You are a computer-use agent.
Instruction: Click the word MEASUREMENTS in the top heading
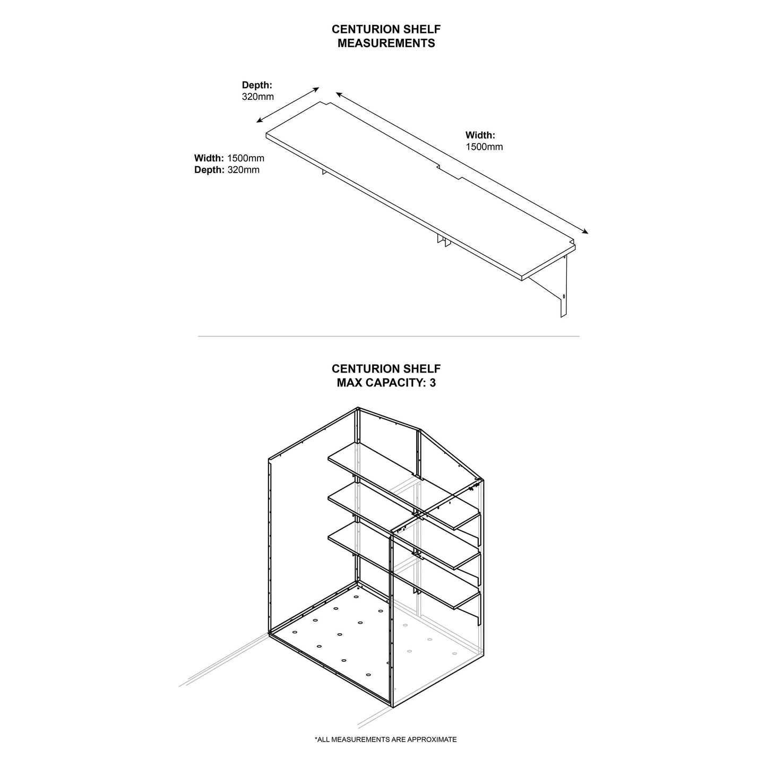[386, 44]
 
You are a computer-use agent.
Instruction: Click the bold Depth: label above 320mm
[257, 85]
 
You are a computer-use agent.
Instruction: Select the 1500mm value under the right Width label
[484, 147]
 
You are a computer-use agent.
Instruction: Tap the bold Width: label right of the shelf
[480, 135]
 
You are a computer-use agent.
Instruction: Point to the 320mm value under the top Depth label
[258, 97]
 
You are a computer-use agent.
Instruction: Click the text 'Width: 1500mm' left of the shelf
[229, 158]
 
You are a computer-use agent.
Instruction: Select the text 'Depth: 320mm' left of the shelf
[227, 170]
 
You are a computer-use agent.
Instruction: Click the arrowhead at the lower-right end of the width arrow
[585, 231]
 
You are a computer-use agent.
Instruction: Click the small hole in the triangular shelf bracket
[564, 296]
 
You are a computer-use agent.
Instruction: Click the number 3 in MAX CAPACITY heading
[433, 382]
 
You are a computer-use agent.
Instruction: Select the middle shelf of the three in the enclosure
[403, 523]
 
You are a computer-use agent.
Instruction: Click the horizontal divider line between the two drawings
[389, 336]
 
